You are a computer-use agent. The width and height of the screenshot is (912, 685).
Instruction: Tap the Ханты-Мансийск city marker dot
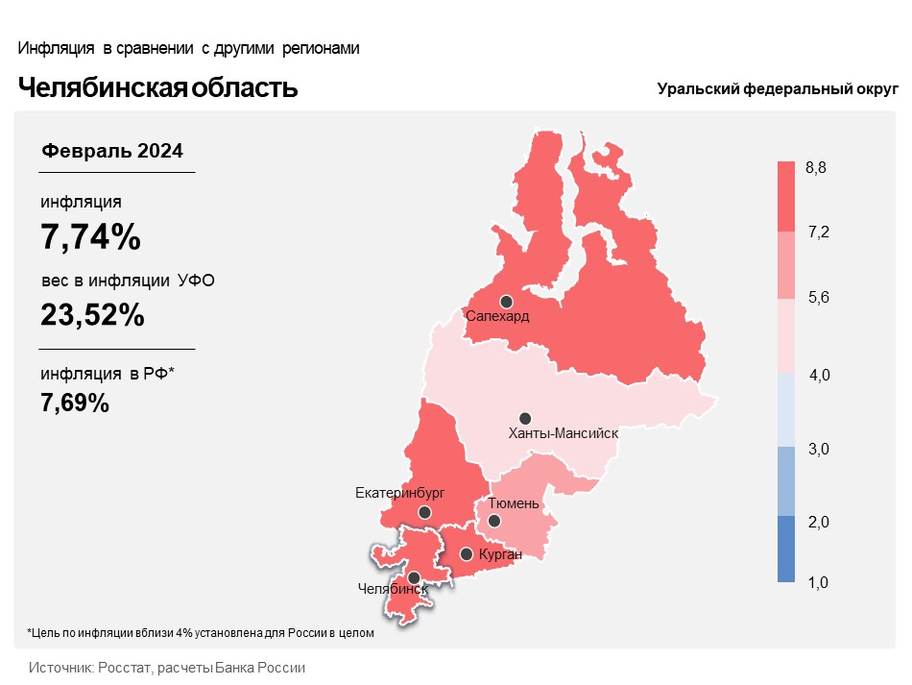pos(525,418)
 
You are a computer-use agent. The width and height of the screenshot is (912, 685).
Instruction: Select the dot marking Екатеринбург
pos(424,513)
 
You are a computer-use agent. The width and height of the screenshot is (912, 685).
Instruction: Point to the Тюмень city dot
pos(494,521)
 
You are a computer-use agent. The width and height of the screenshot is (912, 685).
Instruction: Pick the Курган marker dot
pos(467,554)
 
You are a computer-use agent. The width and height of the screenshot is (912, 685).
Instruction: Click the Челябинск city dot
pos(414,578)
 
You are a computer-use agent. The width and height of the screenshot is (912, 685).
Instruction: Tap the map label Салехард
pos(497,316)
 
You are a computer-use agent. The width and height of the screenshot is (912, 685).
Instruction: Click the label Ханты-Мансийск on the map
pos(563,433)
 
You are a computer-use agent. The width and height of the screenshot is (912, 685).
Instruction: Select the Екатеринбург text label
pos(400,494)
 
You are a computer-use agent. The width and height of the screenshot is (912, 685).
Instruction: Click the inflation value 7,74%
pos(91,236)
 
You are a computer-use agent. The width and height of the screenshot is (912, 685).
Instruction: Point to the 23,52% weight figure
pos(93,314)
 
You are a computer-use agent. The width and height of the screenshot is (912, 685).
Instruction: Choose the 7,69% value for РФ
pos(75,403)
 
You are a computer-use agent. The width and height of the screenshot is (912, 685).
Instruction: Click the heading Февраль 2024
pos(112,151)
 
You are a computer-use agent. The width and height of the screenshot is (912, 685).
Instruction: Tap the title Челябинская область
pos(158,88)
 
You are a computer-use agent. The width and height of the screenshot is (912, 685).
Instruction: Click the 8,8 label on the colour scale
pos(816,168)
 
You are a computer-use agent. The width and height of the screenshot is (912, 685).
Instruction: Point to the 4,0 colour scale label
pos(820,376)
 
